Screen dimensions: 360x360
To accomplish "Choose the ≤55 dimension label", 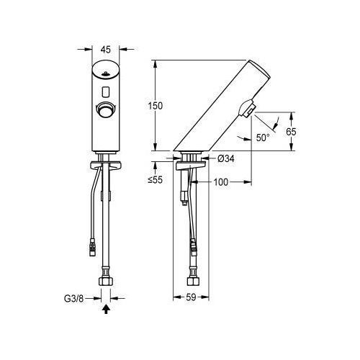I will pos(161,178).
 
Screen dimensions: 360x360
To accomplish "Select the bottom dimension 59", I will pos(192,294).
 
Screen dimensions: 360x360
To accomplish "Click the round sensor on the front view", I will pos(107,110).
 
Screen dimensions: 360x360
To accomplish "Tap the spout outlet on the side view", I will pos(248,109).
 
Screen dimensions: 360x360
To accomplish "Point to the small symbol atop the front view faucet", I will pos(107,73).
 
